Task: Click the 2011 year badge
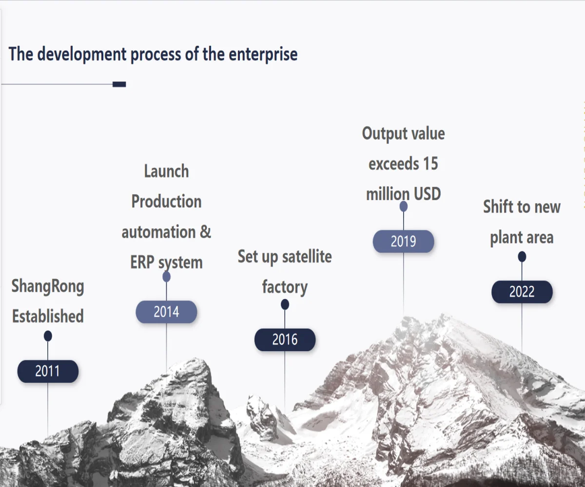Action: (48, 371)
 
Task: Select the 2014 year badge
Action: (166, 312)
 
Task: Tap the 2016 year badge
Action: (285, 339)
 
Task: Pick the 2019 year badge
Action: (404, 241)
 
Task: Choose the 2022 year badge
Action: (522, 292)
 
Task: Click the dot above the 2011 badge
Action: (48, 336)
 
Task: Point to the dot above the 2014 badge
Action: (166, 277)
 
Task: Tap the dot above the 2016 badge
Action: (285, 304)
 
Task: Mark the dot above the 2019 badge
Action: (404, 206)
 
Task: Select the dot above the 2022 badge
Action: (522, 256)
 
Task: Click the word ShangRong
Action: (48, 286)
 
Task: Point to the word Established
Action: (48, 316)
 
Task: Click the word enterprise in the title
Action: (263, 54)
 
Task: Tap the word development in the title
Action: (82, 54)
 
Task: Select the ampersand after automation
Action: (205, 232)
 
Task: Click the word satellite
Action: (307, 256)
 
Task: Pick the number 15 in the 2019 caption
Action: (430, 164)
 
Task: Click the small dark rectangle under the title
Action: (119, 84)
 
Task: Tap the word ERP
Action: (143, 262)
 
